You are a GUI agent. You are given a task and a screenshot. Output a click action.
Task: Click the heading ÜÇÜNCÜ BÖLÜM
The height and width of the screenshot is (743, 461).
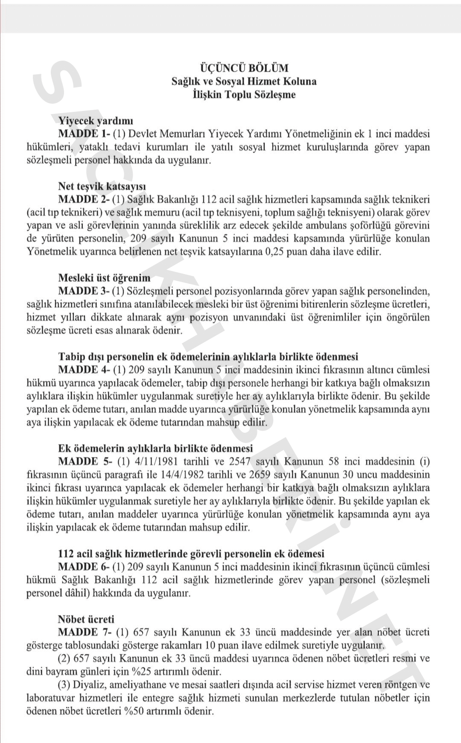(244, 68)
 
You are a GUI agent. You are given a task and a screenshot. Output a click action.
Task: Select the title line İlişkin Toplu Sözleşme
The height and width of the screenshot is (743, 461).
(244, 94)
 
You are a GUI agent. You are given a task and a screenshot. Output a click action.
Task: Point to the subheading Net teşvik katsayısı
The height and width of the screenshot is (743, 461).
(102, 186)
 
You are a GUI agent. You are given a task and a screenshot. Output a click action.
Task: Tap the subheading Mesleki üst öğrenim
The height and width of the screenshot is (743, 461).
(104, 278)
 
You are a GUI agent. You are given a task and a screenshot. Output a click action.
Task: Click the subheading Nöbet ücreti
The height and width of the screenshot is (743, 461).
(86, 619)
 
